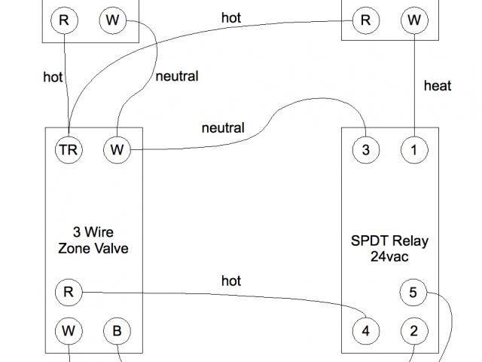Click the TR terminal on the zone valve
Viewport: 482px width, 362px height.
tap(69, 149)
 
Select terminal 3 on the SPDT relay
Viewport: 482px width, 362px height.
tap(365, 149)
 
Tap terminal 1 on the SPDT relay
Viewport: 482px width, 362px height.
tap(413, 149)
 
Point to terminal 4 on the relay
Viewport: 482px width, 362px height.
tap(365, 330)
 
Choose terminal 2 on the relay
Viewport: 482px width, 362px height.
tap(413, 330)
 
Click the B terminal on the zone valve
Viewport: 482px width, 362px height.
tap(117, 330)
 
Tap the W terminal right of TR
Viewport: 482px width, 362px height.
tap(117, 149)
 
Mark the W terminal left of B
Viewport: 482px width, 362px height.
tap(69, 330)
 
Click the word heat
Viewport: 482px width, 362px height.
tap(438, 86)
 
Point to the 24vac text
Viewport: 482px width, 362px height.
tap(389, 256)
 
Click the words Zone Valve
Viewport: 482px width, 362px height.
tap(93, 247)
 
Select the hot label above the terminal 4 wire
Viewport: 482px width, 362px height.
tap(231, 281)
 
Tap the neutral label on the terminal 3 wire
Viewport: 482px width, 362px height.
tap(223, 127)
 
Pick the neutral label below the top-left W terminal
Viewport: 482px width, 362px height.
tap(177, 76)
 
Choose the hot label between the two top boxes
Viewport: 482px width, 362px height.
tap(231, 17)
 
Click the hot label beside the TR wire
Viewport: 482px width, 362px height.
tap(53, 76)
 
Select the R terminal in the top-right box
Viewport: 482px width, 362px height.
tap(365, 20)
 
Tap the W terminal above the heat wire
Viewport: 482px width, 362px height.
tap(413, 20)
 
